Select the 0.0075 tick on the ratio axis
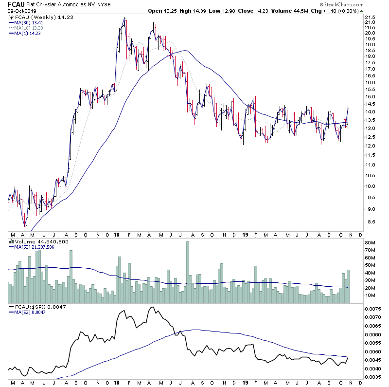point(374,309)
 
